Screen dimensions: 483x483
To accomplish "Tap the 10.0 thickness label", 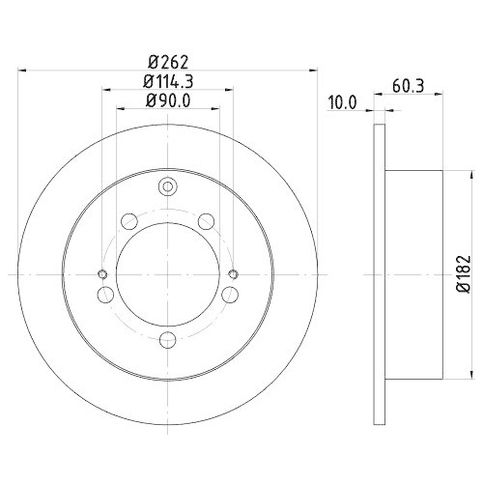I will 343,100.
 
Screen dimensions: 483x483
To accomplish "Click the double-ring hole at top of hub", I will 168,187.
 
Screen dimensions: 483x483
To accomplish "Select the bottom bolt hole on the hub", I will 168,337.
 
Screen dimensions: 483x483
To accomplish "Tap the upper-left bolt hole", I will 129,222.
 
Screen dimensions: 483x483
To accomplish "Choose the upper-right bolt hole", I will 207,222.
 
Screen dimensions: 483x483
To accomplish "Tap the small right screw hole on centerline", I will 232,273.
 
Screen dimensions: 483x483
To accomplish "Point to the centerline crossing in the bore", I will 168,273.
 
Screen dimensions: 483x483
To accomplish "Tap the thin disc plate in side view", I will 378,273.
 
